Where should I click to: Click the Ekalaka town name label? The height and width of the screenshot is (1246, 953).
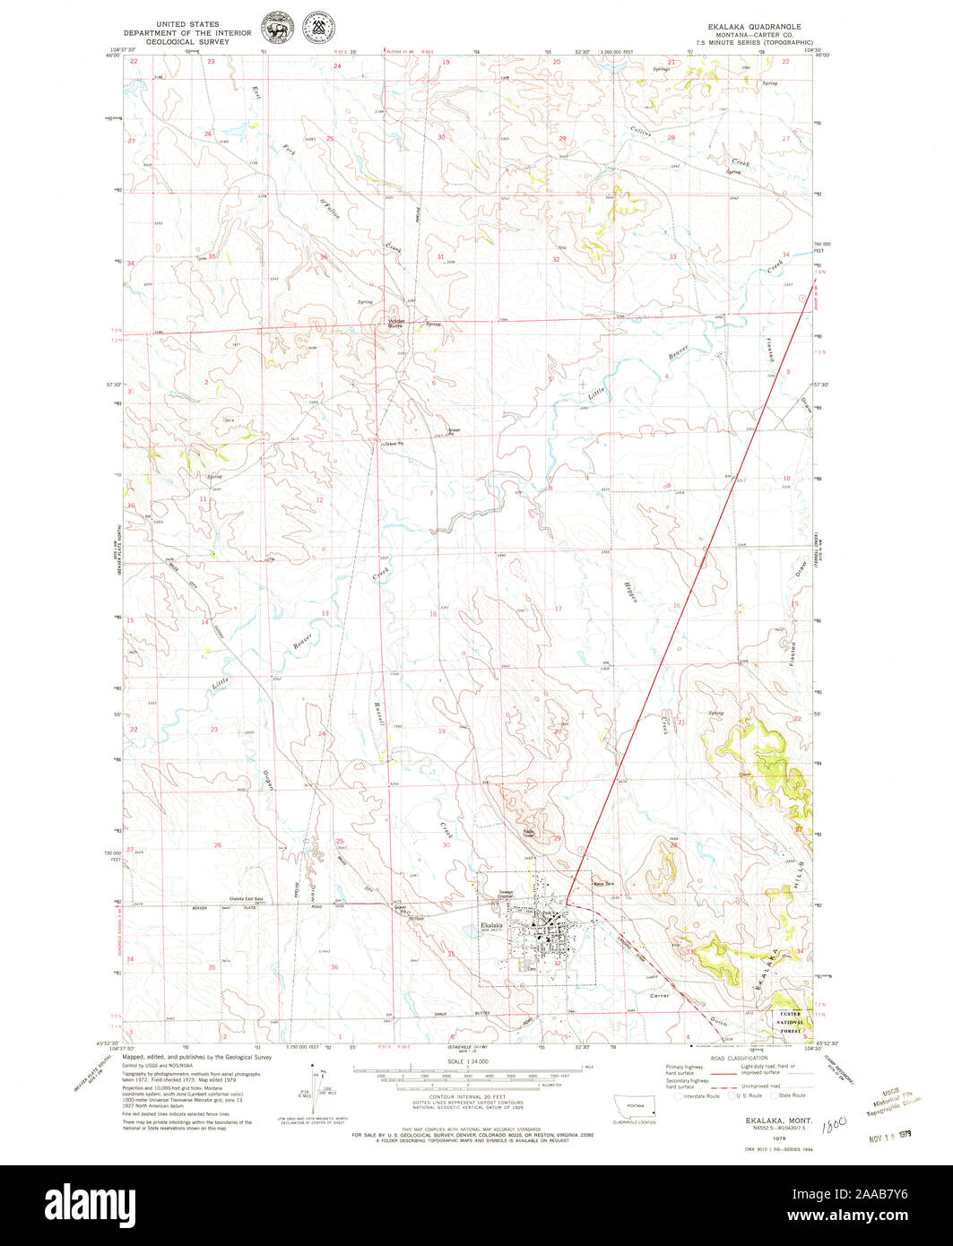coord(491,924)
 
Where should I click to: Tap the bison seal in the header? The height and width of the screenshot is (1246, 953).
coord(271,27)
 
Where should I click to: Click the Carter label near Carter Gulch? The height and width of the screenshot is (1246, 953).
coord(660,996)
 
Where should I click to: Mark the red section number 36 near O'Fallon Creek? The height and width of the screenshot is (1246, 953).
coord(323,258)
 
